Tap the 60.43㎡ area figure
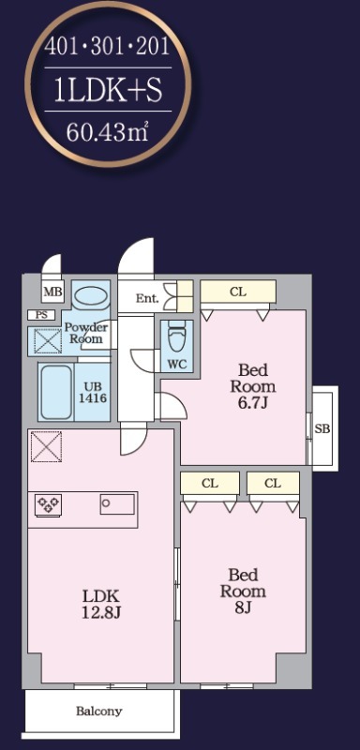coord(108,131)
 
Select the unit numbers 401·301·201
coord(108,47)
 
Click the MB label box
coord(53,292)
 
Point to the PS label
coord(41,315)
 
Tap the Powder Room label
coord(86,333)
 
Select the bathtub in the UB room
coord(57,392)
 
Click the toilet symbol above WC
coord(176,338)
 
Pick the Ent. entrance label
coord(147,299)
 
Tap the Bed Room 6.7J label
coord(253,386)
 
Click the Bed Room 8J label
coord(243,591)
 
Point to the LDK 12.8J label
coord(101,604)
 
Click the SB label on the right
coord(322,429)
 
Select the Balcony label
coord(99,712)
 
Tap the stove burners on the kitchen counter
coord(48,504)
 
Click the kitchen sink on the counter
coord(117,504)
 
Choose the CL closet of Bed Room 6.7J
coord(238,292)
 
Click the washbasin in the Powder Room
coord(90,293)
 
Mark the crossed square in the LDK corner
coord(46,447)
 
